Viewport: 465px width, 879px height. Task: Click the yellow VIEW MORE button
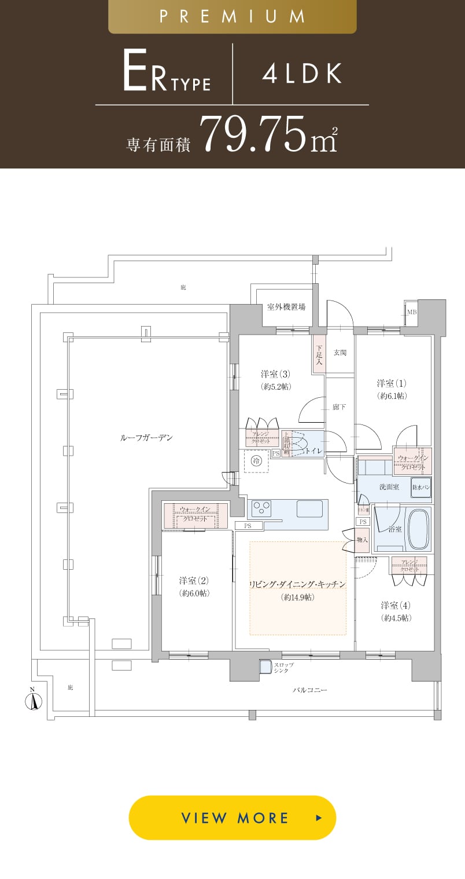point(232,818)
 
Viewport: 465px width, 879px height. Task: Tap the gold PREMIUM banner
point(232,17)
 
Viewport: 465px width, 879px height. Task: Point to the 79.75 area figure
point(254,134)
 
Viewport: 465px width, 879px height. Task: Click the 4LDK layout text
point(302,74)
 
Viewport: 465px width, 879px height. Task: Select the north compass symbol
point(34,701)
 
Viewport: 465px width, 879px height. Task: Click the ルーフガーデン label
point(146,438)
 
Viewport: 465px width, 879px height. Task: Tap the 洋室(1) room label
point(392,383)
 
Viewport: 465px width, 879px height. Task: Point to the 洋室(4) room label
point(396,606)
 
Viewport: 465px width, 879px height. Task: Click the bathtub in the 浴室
point(419,530)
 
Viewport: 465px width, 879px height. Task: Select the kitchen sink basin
point(309,508)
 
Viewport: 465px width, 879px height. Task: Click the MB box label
point(411,312)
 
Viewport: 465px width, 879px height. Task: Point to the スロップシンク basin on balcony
point(265,667)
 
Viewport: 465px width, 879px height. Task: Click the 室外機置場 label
point(286,307)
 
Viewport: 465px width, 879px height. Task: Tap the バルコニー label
point(310,690)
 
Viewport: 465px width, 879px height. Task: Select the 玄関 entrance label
point(339,352)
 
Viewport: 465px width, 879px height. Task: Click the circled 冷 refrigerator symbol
point(256,461)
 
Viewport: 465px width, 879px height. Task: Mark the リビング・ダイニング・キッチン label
point(297,585)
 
